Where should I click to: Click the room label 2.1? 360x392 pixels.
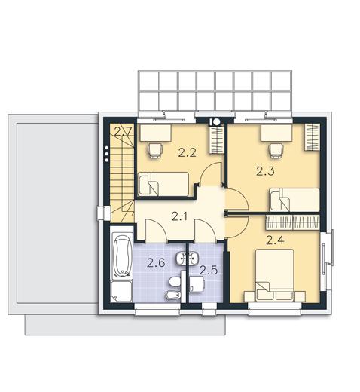tap(179, 216)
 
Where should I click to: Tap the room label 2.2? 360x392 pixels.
tap(187, 153)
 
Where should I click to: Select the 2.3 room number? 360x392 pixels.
tap(265, 171)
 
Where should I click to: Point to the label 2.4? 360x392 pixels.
tap(275, 240)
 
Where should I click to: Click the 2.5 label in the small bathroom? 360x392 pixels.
tap(209, 271)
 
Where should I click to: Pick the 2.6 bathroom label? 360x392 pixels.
tap(156, 263)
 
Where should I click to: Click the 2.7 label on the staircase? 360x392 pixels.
tap(122, 132)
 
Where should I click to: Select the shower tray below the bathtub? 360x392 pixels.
tap(121, 292)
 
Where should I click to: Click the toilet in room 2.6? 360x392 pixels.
tap(175, 282)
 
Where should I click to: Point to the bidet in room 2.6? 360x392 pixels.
tap(174, 296)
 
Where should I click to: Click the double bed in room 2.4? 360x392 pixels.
tap(275, 275)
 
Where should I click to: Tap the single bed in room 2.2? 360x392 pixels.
tap(163, 184)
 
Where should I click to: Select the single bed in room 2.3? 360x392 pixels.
tap(294, 200)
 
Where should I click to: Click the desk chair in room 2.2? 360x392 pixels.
tap(155, 150)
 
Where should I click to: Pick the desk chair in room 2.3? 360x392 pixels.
tap(276, 150)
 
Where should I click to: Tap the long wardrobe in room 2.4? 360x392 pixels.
tap(293, 222)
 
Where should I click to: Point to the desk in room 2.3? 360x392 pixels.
tap(276, 133)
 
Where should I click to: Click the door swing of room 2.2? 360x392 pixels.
tap(210, 174)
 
